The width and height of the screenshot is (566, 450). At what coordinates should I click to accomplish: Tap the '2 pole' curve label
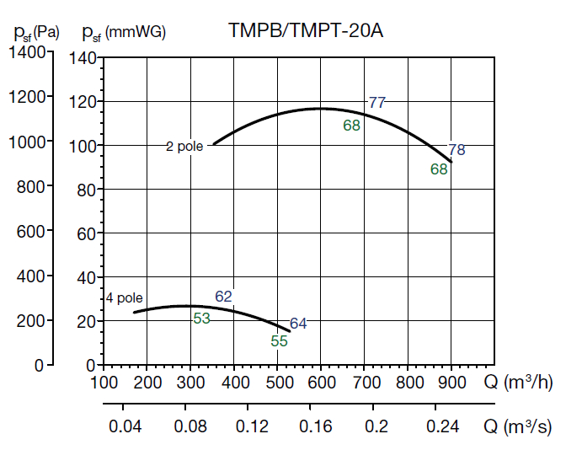[x=184, y=146]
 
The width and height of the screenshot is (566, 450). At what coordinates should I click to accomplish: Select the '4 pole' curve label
[x=124, y=297]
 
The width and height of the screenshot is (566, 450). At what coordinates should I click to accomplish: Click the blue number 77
[x=376, y=103]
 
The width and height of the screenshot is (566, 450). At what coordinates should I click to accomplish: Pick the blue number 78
[x=457, y=150]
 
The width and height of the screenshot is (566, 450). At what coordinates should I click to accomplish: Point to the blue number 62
[x=223, y=296]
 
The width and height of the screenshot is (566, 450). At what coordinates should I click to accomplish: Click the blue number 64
[x=298, y=323]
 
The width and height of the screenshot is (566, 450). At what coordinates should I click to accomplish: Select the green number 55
[x=280, y=341]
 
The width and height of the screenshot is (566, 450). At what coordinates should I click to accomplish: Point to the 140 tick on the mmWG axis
[x=83, y=58]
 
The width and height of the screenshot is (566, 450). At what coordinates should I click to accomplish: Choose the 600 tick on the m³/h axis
[x=321, y=383]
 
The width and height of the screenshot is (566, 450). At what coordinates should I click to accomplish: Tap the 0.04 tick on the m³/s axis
[x=124, y=427]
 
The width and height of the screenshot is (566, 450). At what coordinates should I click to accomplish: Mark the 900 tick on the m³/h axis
[x=451, y=383]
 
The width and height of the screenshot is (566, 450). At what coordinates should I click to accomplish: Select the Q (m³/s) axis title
[x=517, y=426]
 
